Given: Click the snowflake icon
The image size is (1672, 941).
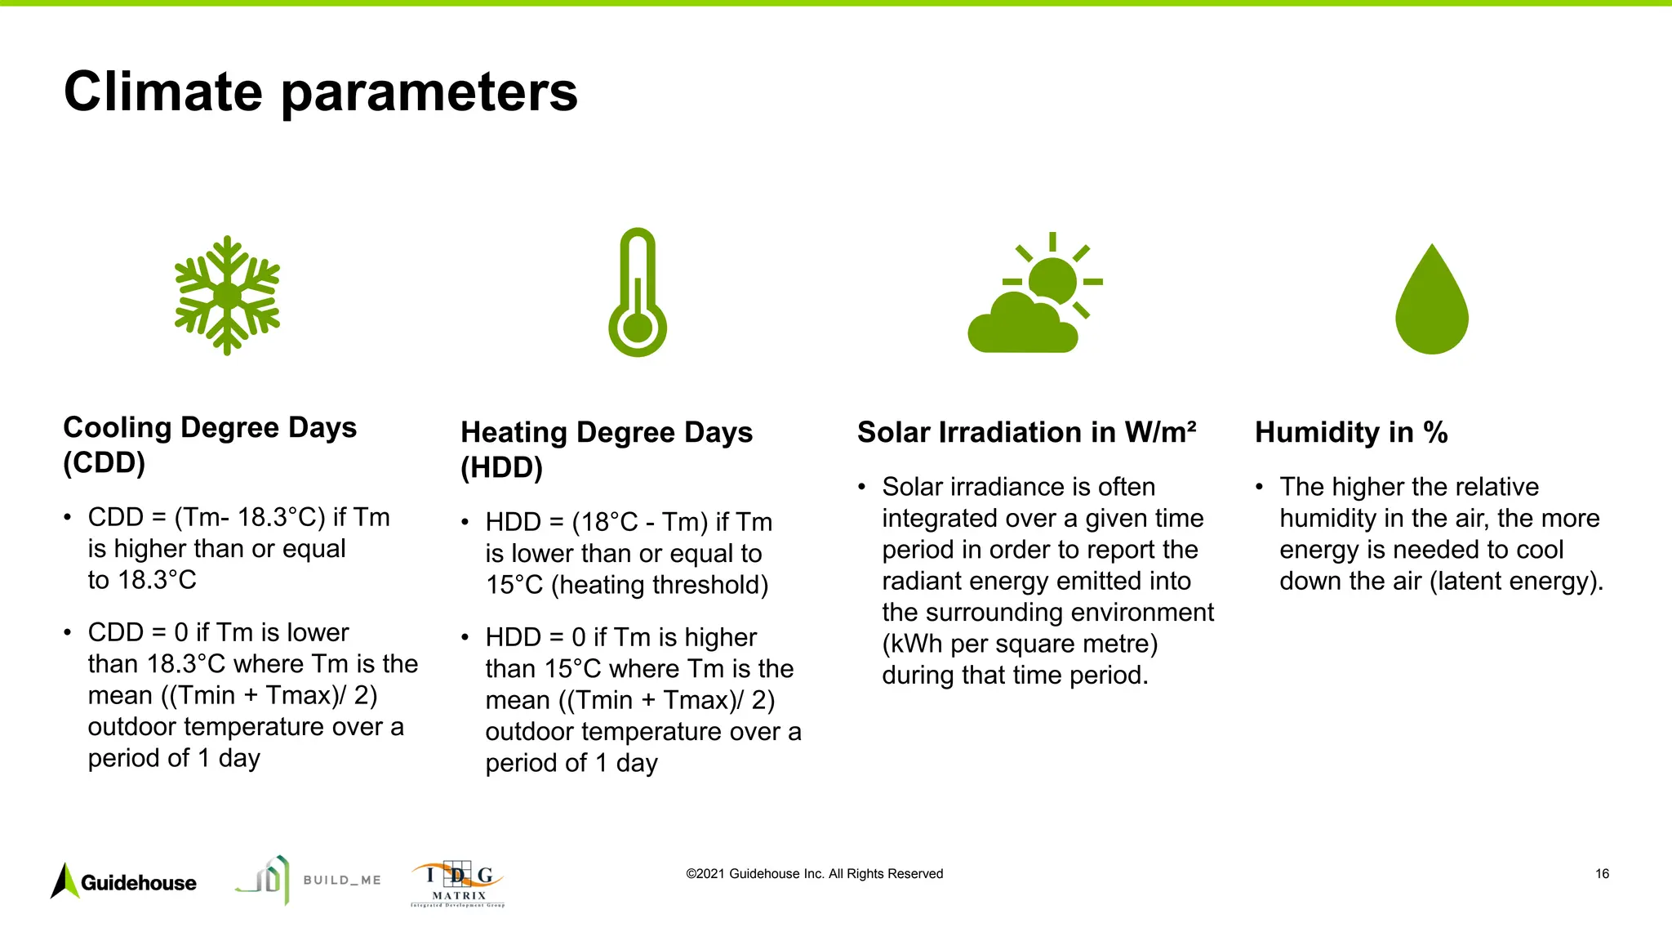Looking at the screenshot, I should pyautogui.click(x=227, y=296).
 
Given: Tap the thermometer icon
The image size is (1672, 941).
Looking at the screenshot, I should pyautogui.click(x=638, y=292).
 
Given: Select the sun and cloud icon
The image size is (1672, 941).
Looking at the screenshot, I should pyautogui.click(x=1034, y=296).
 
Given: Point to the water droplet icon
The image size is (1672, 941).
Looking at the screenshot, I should pyautogui.click(x=1432, y=301).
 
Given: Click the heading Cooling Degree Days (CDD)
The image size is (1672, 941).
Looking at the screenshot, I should pyautogui.click(x=210, y=444).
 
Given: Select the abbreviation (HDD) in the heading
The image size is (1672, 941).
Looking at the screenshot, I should pyautogui.click(x=501, y=467).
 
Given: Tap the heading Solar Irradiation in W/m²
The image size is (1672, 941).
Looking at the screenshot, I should pyautogui.click(x=1026, y=432).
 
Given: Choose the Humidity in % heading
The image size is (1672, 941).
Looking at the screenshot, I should pyautogui.click(x=1351, y=432).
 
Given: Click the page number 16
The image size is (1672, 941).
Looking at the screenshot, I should pyautogui.click(x=1602, y=874).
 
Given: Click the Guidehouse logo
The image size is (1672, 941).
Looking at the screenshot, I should pyautogui.click(x=124, y=882).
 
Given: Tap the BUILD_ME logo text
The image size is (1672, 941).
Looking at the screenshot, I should pyautogui.click(x=342, y=881).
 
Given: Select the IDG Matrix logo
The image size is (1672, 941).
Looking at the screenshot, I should pyautogui.click(x=457, y=884).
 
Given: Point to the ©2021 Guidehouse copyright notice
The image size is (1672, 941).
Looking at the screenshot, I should pyautogui.click(x=814, y=874).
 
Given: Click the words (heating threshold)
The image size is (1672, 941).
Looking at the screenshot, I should pyautogui.click(x=660, y=585).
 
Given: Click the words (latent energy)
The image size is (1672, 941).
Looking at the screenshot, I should pyautogui.click(x=1517, y=581).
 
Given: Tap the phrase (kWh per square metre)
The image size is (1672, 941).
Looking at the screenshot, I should pyautogui.click(x=1020, y=644).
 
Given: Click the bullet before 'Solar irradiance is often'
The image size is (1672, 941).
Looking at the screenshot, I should pyautogui.click(x=861, y=488).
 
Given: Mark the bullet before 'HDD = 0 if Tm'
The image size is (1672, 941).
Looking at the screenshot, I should pyautogui.click(x=465, y=637).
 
